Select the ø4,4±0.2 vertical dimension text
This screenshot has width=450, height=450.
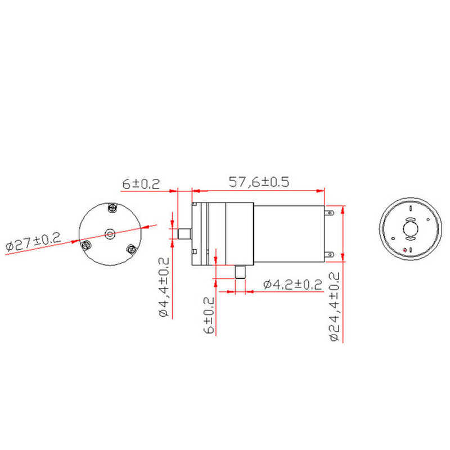pos(164,287)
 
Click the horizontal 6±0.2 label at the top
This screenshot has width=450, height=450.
pos(141,183)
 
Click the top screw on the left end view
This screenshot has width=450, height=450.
pos(111,208)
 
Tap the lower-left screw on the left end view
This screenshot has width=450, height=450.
pos(87,244)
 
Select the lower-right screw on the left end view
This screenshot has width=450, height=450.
pos(132,250)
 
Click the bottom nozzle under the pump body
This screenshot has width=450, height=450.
pos(240,273)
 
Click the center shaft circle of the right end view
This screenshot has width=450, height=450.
pos(410,229)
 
